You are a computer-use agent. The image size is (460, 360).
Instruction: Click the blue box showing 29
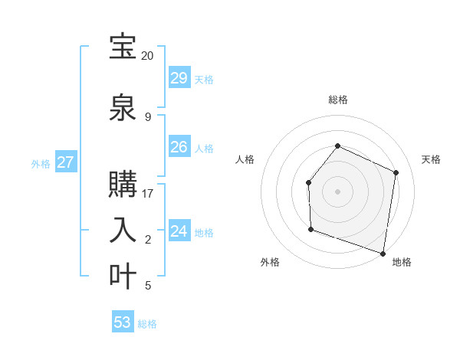click(x=179, y=78)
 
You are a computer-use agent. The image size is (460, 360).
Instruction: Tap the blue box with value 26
click(x=179, y=147)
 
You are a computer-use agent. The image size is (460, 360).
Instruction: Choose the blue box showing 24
click(x=179, y=231)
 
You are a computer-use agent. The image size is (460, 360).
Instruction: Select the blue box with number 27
click(x=66, y=162)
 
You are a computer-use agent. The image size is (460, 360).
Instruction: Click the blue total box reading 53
click(x=123, y=322)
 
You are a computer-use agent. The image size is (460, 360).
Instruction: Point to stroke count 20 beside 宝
click(x=147, y=56)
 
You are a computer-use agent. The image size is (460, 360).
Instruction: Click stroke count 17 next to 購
click(x=148, y=193)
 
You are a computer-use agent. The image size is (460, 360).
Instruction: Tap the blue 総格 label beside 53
click(x=147, y=324)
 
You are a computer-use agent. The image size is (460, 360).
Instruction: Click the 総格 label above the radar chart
click(x=338, y=100)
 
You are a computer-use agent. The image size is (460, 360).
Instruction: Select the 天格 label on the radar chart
click(x=431, y=159)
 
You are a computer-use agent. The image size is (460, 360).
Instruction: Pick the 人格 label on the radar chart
click(x=245, y=159)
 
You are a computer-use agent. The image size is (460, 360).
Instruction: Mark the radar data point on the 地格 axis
click(x=383, y=253)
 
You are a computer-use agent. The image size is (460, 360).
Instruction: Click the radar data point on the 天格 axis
click(x=396, y=172)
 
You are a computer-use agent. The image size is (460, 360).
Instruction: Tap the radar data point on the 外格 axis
click(x=310, y=229)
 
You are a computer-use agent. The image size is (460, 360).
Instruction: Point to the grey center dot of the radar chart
click(x=337, y=191)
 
